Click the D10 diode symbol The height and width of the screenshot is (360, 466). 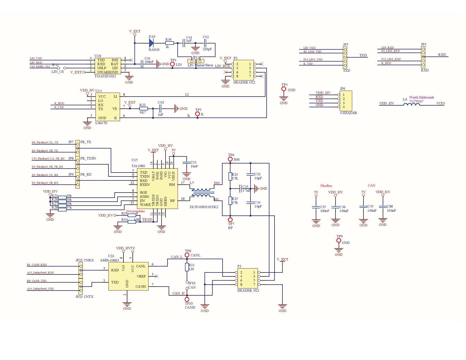coord(151,43)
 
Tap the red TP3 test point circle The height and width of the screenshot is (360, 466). coord(172,64)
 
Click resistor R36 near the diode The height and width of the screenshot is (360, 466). coord(169,43)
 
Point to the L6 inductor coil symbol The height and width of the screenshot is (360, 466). coord(411,104)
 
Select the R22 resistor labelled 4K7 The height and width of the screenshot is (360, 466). coord(143,108)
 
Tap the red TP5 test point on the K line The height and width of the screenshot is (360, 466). coord(198,114)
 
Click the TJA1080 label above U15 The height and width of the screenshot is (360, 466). coord(138,166)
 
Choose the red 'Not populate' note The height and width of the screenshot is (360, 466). coord(135,211)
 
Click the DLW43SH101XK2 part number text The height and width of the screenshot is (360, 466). coord(204,207)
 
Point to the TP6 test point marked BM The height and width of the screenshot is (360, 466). coord(230,160)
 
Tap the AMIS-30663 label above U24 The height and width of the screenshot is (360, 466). coord(109,260)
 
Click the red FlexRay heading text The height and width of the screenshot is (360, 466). coord(326,186)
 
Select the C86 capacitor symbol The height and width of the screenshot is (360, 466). coord(383,207)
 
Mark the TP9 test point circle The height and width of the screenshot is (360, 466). coord(339,241)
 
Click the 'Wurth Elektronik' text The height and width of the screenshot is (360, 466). coord(421,97)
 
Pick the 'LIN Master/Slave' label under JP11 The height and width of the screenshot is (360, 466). coord(200,65)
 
